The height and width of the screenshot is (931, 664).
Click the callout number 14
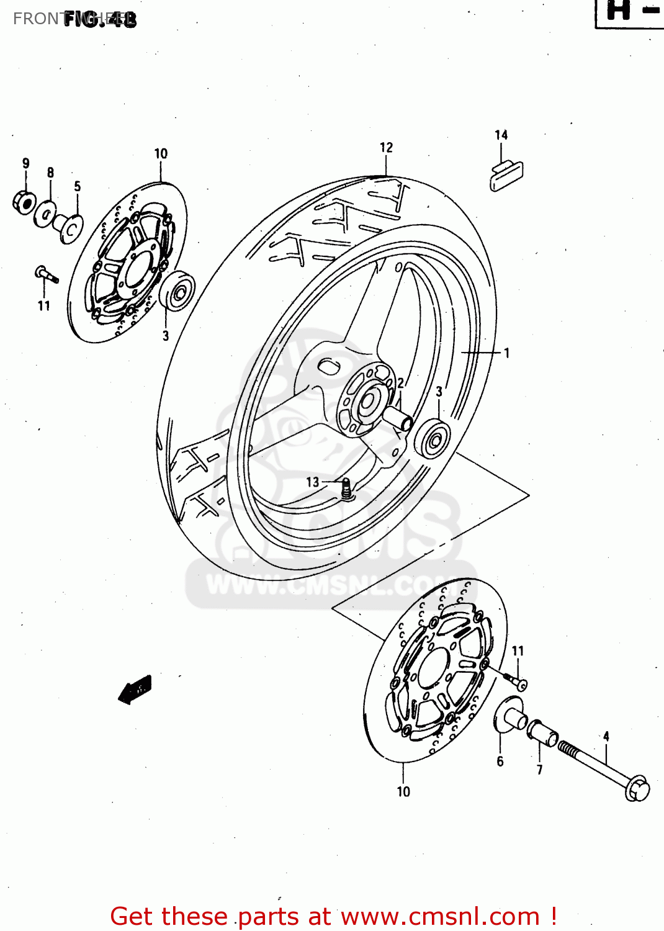[x=501, y=135]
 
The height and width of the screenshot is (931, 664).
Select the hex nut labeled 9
[x=23, y=202]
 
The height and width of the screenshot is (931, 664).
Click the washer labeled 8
[x=45, y=214]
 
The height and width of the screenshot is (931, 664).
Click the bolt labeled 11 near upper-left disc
[x=46, y=274]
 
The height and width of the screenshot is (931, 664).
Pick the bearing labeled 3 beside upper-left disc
[x=177, y=290]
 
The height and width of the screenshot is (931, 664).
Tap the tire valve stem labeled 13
[x=346, y=488]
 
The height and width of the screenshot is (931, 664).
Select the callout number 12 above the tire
[x=386, y=147]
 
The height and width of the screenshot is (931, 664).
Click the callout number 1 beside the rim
[x=506, y=353]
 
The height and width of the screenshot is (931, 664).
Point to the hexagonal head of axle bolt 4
[x=637, y=789]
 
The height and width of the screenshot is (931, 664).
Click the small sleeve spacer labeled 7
[x=543, y=733]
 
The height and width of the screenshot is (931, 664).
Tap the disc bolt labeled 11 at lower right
[x=518, y=681]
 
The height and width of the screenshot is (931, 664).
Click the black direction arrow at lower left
[x=135, y=689]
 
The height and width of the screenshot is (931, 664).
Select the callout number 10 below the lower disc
[x=403, y=791]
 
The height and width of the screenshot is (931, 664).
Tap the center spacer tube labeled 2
[x=397, y=416]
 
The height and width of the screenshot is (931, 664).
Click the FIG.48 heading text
[x=99, y=19]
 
